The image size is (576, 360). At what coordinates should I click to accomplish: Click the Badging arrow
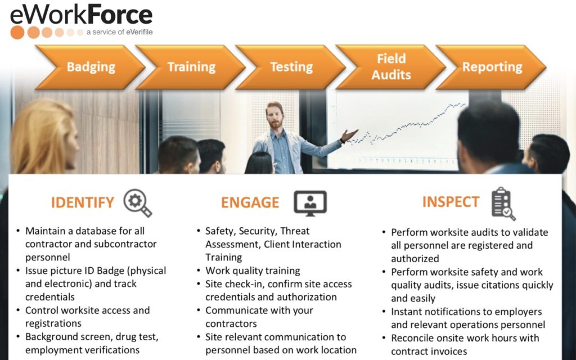pyautogui.click(x=90, y=67)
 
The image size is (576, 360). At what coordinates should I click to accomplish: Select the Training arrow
pyautogui.click(x=191, y=67)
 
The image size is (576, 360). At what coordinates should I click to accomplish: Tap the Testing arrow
pyautogui.click(x=291, y=67)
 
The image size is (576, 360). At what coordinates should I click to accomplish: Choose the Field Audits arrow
pyautogui.click(x=391, y=67)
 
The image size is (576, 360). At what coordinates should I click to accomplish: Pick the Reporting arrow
pyautogui.click(x=492, y=67)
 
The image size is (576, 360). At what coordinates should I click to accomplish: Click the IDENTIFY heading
pyautogui.click(x=83, y=202)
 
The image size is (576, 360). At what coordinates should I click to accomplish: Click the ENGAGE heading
pyautogui.click(x=250, y=202)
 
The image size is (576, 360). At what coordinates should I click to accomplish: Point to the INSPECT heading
pyautogui.click(x=451, y=201)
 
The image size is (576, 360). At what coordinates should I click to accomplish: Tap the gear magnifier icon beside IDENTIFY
pyautogui.click(x=137, y=203)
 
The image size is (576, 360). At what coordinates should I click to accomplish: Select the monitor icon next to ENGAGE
pyautogui.click(x=309, y=202)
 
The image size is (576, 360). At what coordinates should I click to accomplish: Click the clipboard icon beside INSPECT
pyautogui.click(x=502, y=203)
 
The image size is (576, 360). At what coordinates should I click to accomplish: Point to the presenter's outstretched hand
pyautogui.click(x=350, y=136)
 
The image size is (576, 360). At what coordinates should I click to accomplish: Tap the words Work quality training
pyautogui.click(x=253, y=271)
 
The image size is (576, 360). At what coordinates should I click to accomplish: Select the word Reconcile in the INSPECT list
pyautogui.click(x=415, y=338)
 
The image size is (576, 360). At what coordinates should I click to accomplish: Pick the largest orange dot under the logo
pyautogui.click(x=17, y=32)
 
